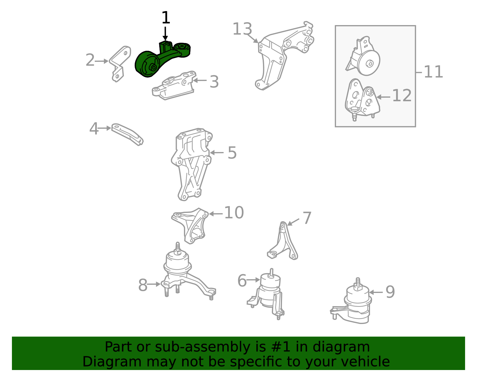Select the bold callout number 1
166,18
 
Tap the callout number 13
242,29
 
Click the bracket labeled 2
120,64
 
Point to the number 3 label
214,82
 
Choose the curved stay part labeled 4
127,134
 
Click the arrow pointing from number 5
217,152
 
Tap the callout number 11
433,72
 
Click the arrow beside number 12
383,97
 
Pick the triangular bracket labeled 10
190,226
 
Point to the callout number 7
307,218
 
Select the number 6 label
242,280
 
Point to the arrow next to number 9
376,292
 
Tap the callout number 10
234,213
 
